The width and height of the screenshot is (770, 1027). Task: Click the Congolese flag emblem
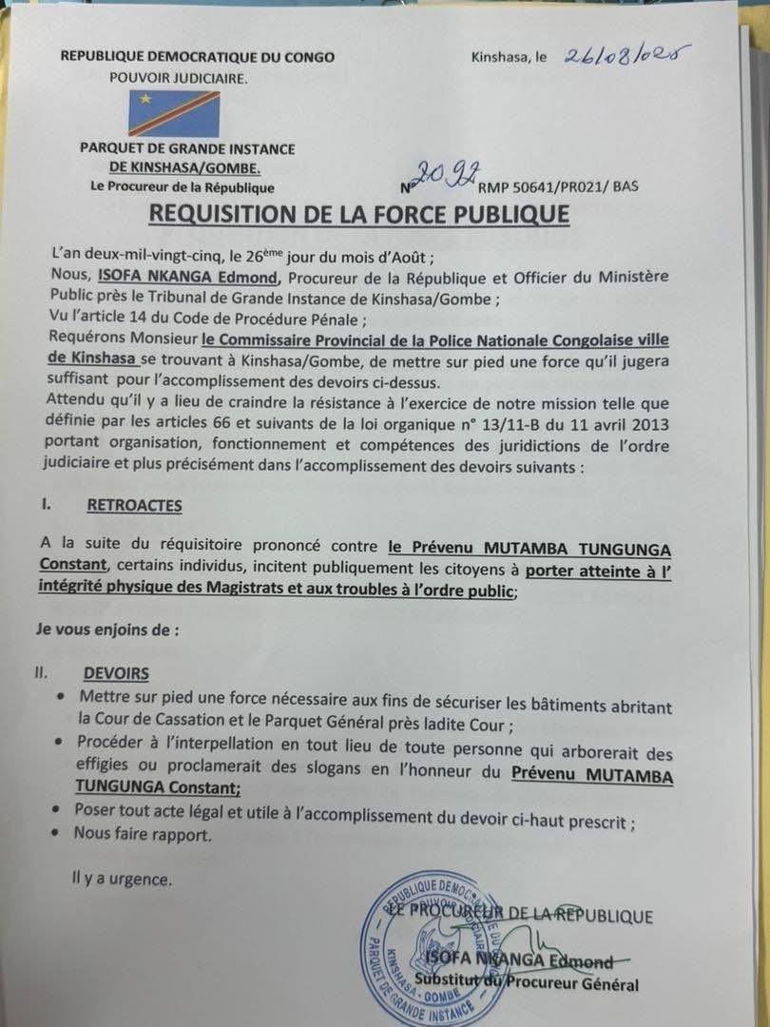coord(174,114)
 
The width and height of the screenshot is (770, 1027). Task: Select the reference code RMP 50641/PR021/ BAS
coord(558,187)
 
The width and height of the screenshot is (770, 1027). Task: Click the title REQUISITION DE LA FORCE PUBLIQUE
coord(358,214)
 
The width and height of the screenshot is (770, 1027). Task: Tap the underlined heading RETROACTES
coord(132,505)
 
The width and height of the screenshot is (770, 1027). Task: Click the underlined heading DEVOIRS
coord(116,673)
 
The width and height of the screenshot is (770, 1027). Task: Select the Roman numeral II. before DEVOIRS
coord(41,673)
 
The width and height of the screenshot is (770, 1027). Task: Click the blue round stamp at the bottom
coord(430,949)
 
